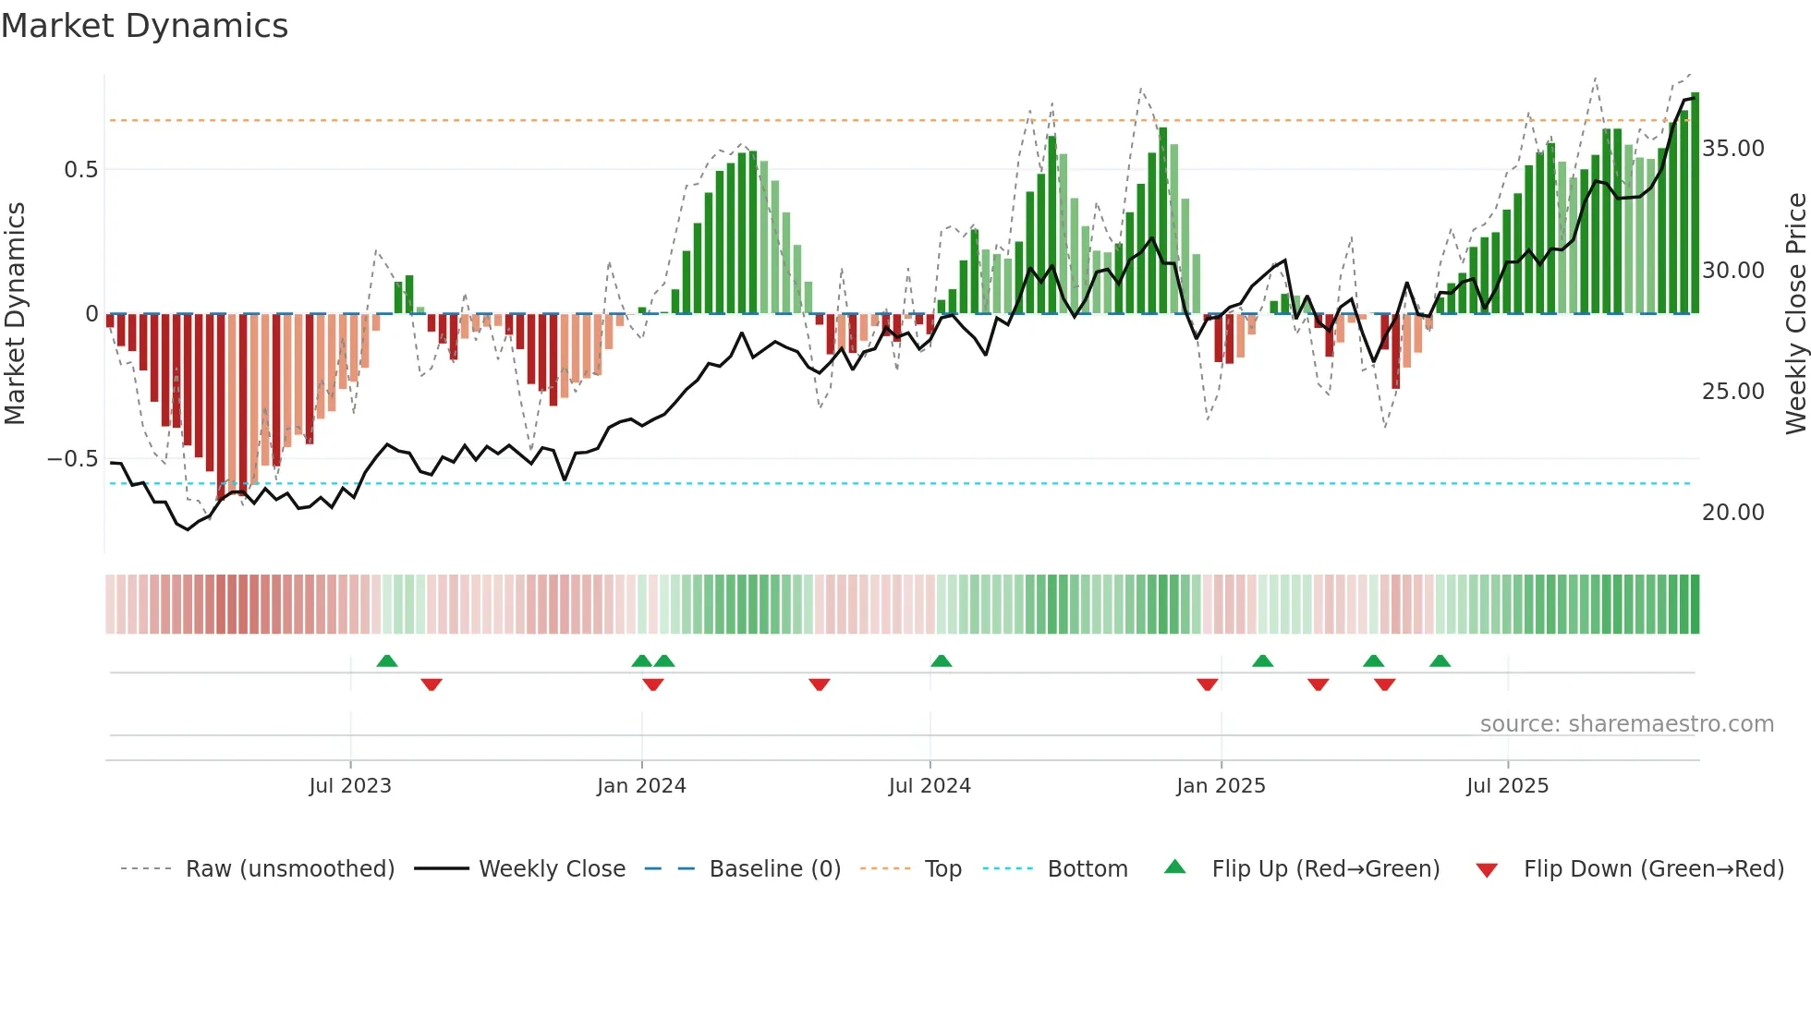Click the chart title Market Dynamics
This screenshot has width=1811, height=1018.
point(144,26)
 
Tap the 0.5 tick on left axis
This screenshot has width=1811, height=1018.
point(80,170)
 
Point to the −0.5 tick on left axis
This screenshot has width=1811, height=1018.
point(72,459)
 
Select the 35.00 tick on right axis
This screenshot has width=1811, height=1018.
point(1732,149)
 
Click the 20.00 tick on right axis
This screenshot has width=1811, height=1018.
point(1732,513)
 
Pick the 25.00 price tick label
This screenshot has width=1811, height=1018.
point(1732,392)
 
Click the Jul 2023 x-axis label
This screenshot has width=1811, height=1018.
point(350,786)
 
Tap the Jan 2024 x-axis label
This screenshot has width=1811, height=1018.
point(641,786)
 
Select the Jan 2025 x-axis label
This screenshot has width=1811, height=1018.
point(1221,786)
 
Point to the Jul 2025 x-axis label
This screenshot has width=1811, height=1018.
point(1507,786)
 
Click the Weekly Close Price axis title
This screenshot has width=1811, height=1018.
point(1795,314)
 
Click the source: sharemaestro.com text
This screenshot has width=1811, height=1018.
point(1626,724)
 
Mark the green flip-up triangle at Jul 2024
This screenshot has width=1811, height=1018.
point(941,661)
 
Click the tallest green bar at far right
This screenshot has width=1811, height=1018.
point(1695,203)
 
